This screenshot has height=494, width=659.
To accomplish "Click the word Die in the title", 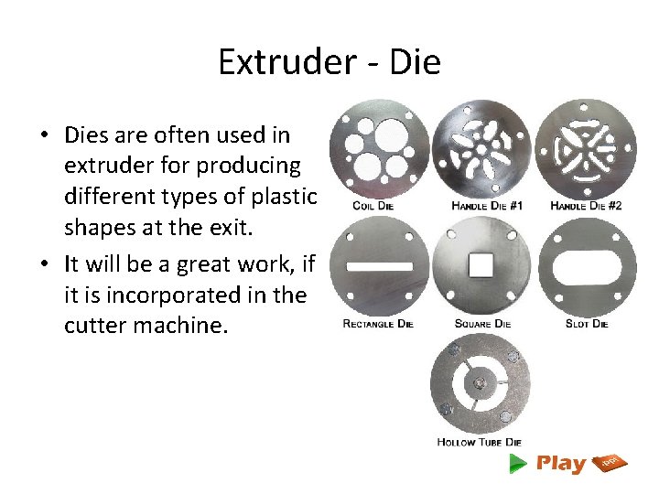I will tap(416, 62).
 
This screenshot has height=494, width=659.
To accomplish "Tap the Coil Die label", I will tap(373, 206).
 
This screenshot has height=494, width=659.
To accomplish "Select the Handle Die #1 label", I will tap(487, 206).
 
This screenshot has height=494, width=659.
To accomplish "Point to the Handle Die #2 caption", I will tap(586, 206).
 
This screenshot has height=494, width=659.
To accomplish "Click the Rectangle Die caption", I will tap(378, 324).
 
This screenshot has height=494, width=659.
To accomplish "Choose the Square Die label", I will tap(482, 324).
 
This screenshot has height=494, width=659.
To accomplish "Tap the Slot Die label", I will tap(587, 324).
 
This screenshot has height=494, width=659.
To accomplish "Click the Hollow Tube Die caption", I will tap(480, 442).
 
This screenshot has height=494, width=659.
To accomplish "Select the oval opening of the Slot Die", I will tap(586, 266).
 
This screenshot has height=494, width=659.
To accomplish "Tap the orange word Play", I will tap(561, 463).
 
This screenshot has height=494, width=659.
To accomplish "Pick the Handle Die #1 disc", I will tap(481, 148).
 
